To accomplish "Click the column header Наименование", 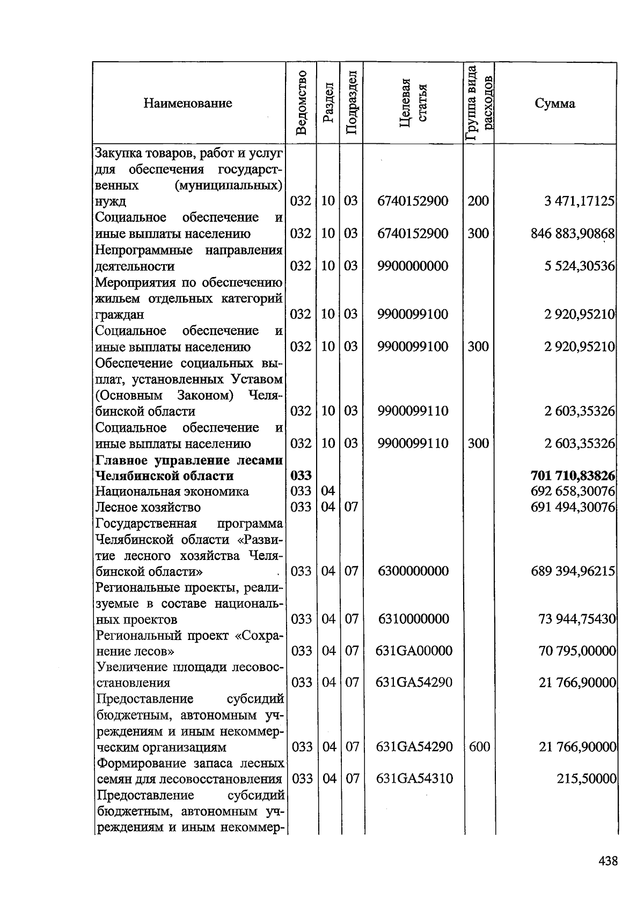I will (188, 103).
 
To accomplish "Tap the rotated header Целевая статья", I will (413, 103).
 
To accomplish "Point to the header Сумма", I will (555, 104).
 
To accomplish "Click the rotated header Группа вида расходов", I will (478, 103).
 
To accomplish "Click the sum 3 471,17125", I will (579, 201).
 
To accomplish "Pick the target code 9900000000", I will (413, 266).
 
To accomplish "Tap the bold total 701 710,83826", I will (572, 476).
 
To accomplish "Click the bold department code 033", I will (301, 476).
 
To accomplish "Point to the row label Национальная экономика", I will (172, 491).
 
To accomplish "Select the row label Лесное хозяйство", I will (148, 507).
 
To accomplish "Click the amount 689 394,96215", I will (573, 571).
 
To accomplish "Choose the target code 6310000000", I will (413, 619).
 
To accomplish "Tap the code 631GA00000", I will (414, 651).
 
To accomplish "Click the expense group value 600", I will (479, 747).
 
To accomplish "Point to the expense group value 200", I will (478, 201).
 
